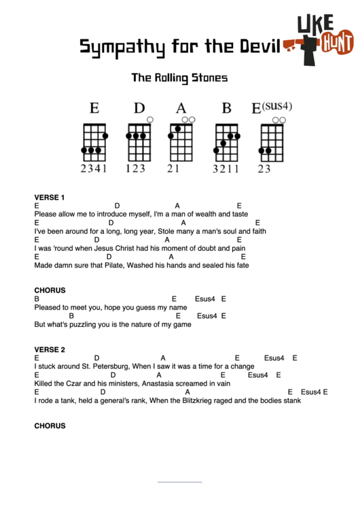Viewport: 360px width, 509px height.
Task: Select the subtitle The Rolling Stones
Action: click(179, 77)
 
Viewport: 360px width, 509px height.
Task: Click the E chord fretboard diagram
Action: click(94, 141)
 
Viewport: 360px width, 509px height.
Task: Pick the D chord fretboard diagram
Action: click(139, 141)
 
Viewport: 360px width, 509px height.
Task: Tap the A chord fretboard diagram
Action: click(180, 141)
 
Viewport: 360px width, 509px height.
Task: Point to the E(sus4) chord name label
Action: click(272, 107)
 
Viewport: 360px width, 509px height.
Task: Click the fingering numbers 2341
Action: click(94, 169)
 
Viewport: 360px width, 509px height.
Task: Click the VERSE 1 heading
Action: click(50, 198)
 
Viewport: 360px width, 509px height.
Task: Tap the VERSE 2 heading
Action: click(50, 350)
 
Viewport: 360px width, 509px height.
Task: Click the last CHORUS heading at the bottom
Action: click(50, 426)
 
